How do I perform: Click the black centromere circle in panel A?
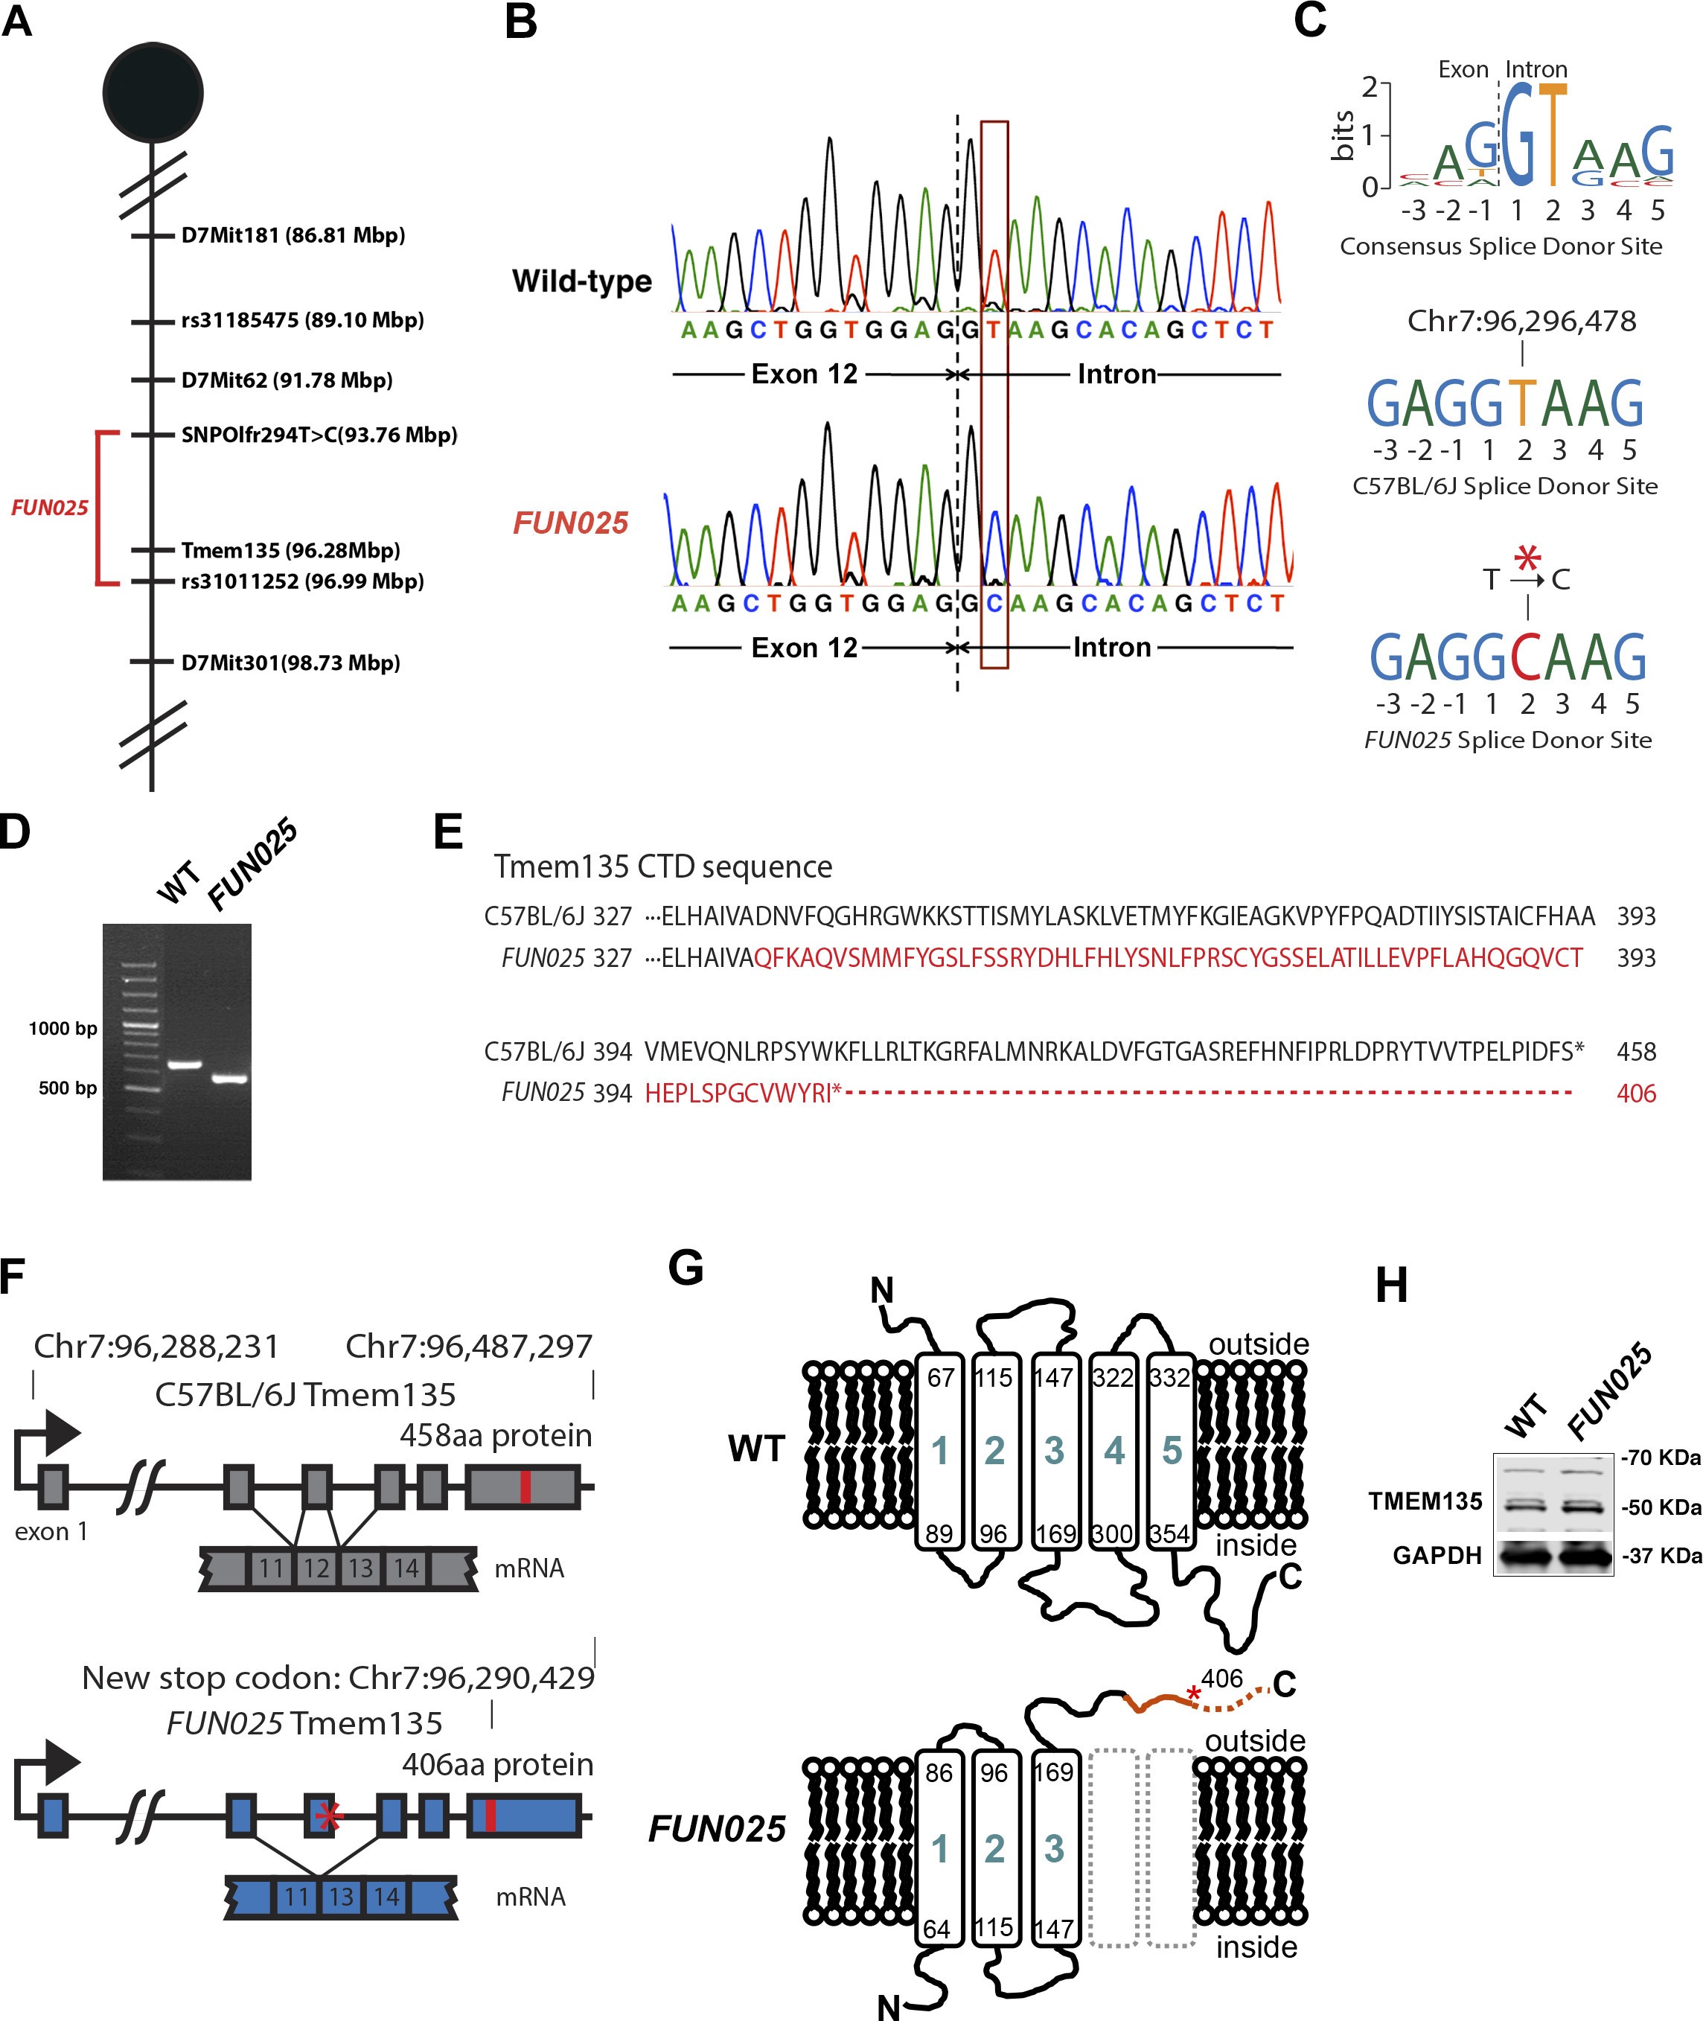[153, 93]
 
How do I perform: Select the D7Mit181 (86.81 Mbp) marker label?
[293, 236]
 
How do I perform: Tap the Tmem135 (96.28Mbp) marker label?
[290, 550]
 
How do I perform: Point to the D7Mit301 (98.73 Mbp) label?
[290, 663]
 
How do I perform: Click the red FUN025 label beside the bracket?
[49, 508]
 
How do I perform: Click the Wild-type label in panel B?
[581, 281]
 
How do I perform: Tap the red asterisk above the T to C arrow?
[1527, 558]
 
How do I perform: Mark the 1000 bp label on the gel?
[63, 1028]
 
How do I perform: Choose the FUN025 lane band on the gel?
[230, 1079]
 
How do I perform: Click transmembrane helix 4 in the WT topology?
[1114, 1449]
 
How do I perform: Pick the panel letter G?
[686, 1267]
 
